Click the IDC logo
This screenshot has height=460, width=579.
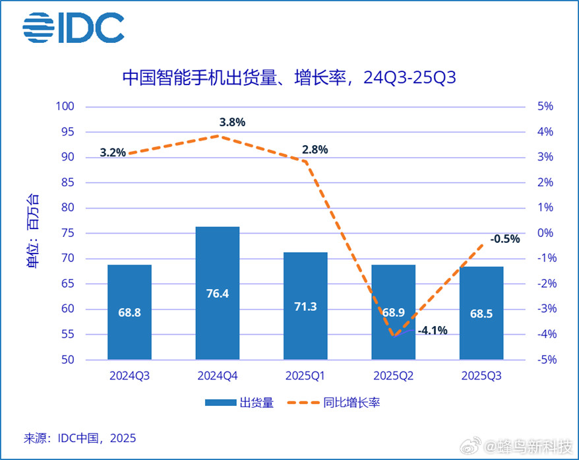[73, 28]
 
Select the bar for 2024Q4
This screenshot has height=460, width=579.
[218, 293]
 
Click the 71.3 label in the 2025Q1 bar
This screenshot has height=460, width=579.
[306, 307]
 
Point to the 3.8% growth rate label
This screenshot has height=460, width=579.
[232, 122]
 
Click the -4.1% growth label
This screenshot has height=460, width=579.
[433, 330]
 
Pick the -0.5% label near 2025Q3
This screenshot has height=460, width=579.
[504, 239]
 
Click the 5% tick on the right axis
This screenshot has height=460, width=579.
[546, 106]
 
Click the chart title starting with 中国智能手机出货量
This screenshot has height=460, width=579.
[289, 79]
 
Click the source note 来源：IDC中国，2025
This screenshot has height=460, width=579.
[80, 438]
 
